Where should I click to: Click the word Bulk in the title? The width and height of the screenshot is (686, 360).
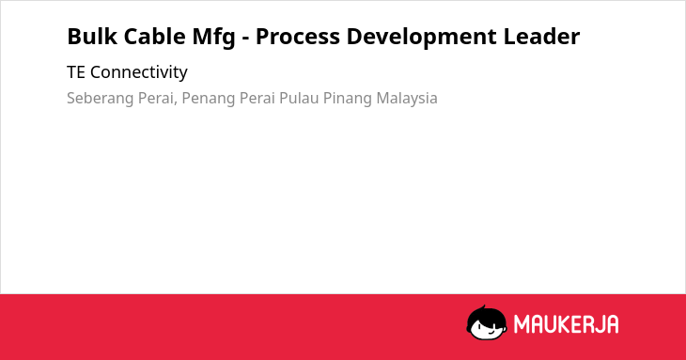click(92, 37)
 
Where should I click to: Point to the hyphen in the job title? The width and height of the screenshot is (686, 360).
click(245, 39)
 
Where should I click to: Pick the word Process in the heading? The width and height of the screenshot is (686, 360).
click(298, 37)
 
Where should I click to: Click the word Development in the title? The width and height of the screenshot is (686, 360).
click(422, 38)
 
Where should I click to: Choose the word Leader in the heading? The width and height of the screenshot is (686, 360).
click(541, 37)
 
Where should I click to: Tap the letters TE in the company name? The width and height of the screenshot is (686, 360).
click(76, 72)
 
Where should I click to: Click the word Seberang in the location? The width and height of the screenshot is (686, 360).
click(101, 99)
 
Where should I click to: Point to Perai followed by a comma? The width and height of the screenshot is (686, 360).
click(158, 99)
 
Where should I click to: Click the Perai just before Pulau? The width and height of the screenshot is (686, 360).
click(257, 99)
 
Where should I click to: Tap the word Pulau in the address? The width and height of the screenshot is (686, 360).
click(299, 99)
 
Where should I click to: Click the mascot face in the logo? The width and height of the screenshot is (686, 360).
click(487, 322)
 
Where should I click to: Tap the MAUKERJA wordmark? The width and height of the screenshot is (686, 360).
click(566, 324)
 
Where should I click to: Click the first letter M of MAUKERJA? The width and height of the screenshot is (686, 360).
click(522, 324)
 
